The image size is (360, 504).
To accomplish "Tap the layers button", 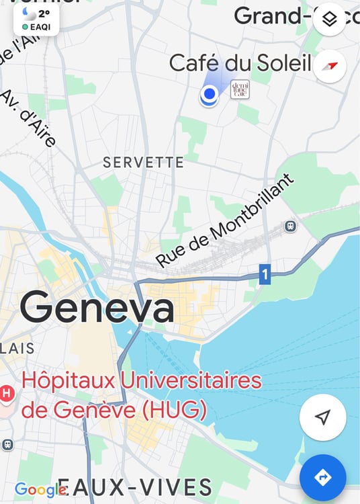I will coord(329,19).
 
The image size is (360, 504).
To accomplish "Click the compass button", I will coord(329,66).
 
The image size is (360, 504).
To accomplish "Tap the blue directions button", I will coord(323,477).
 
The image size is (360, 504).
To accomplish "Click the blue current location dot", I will coord(210,95).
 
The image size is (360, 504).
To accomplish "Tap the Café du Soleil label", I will coord(240,64).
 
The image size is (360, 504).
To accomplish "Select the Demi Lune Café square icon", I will coord(240,89).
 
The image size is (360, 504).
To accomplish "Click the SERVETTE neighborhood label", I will coord(143,163).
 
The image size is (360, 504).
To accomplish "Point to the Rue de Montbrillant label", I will coord(226,220).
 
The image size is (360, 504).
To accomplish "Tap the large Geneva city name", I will coord(97,308).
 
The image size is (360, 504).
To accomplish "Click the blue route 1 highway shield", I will coord(265,274).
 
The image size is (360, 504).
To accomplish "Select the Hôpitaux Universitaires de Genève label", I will coord(141,394).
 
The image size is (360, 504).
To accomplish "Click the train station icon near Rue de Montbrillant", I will coord(291,226).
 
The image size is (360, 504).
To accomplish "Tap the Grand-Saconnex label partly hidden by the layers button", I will coord(272,15).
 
